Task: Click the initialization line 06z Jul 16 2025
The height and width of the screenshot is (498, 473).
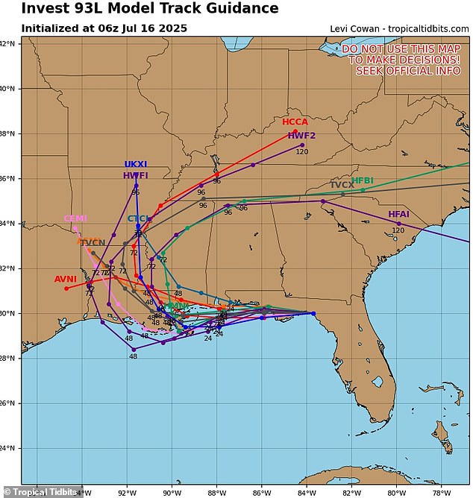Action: [x=104, y=28]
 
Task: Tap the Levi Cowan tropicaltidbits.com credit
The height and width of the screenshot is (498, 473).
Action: [x=399, y=28]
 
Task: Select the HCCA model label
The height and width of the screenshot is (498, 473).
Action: [x=295, y=122]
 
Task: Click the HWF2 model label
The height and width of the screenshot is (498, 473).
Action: [x=302, y=136]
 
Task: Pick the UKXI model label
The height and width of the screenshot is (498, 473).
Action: [x=136, y=164]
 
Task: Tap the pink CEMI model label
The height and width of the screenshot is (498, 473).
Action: [x=75, y=218]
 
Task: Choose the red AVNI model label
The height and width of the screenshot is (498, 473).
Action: [x=66, y=280]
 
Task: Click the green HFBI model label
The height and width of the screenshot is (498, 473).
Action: [x=363, y=180]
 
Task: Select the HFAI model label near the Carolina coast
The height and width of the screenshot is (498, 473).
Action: [x=399, y=215]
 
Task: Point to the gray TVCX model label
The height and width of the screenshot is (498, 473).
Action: [x=342, y=185]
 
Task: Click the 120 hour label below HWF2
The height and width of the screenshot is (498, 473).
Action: [x=302, y=152]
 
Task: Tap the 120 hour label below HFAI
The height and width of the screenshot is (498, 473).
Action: [x=398, y=230]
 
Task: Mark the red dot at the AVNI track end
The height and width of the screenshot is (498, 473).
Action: [x=66, y=288]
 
